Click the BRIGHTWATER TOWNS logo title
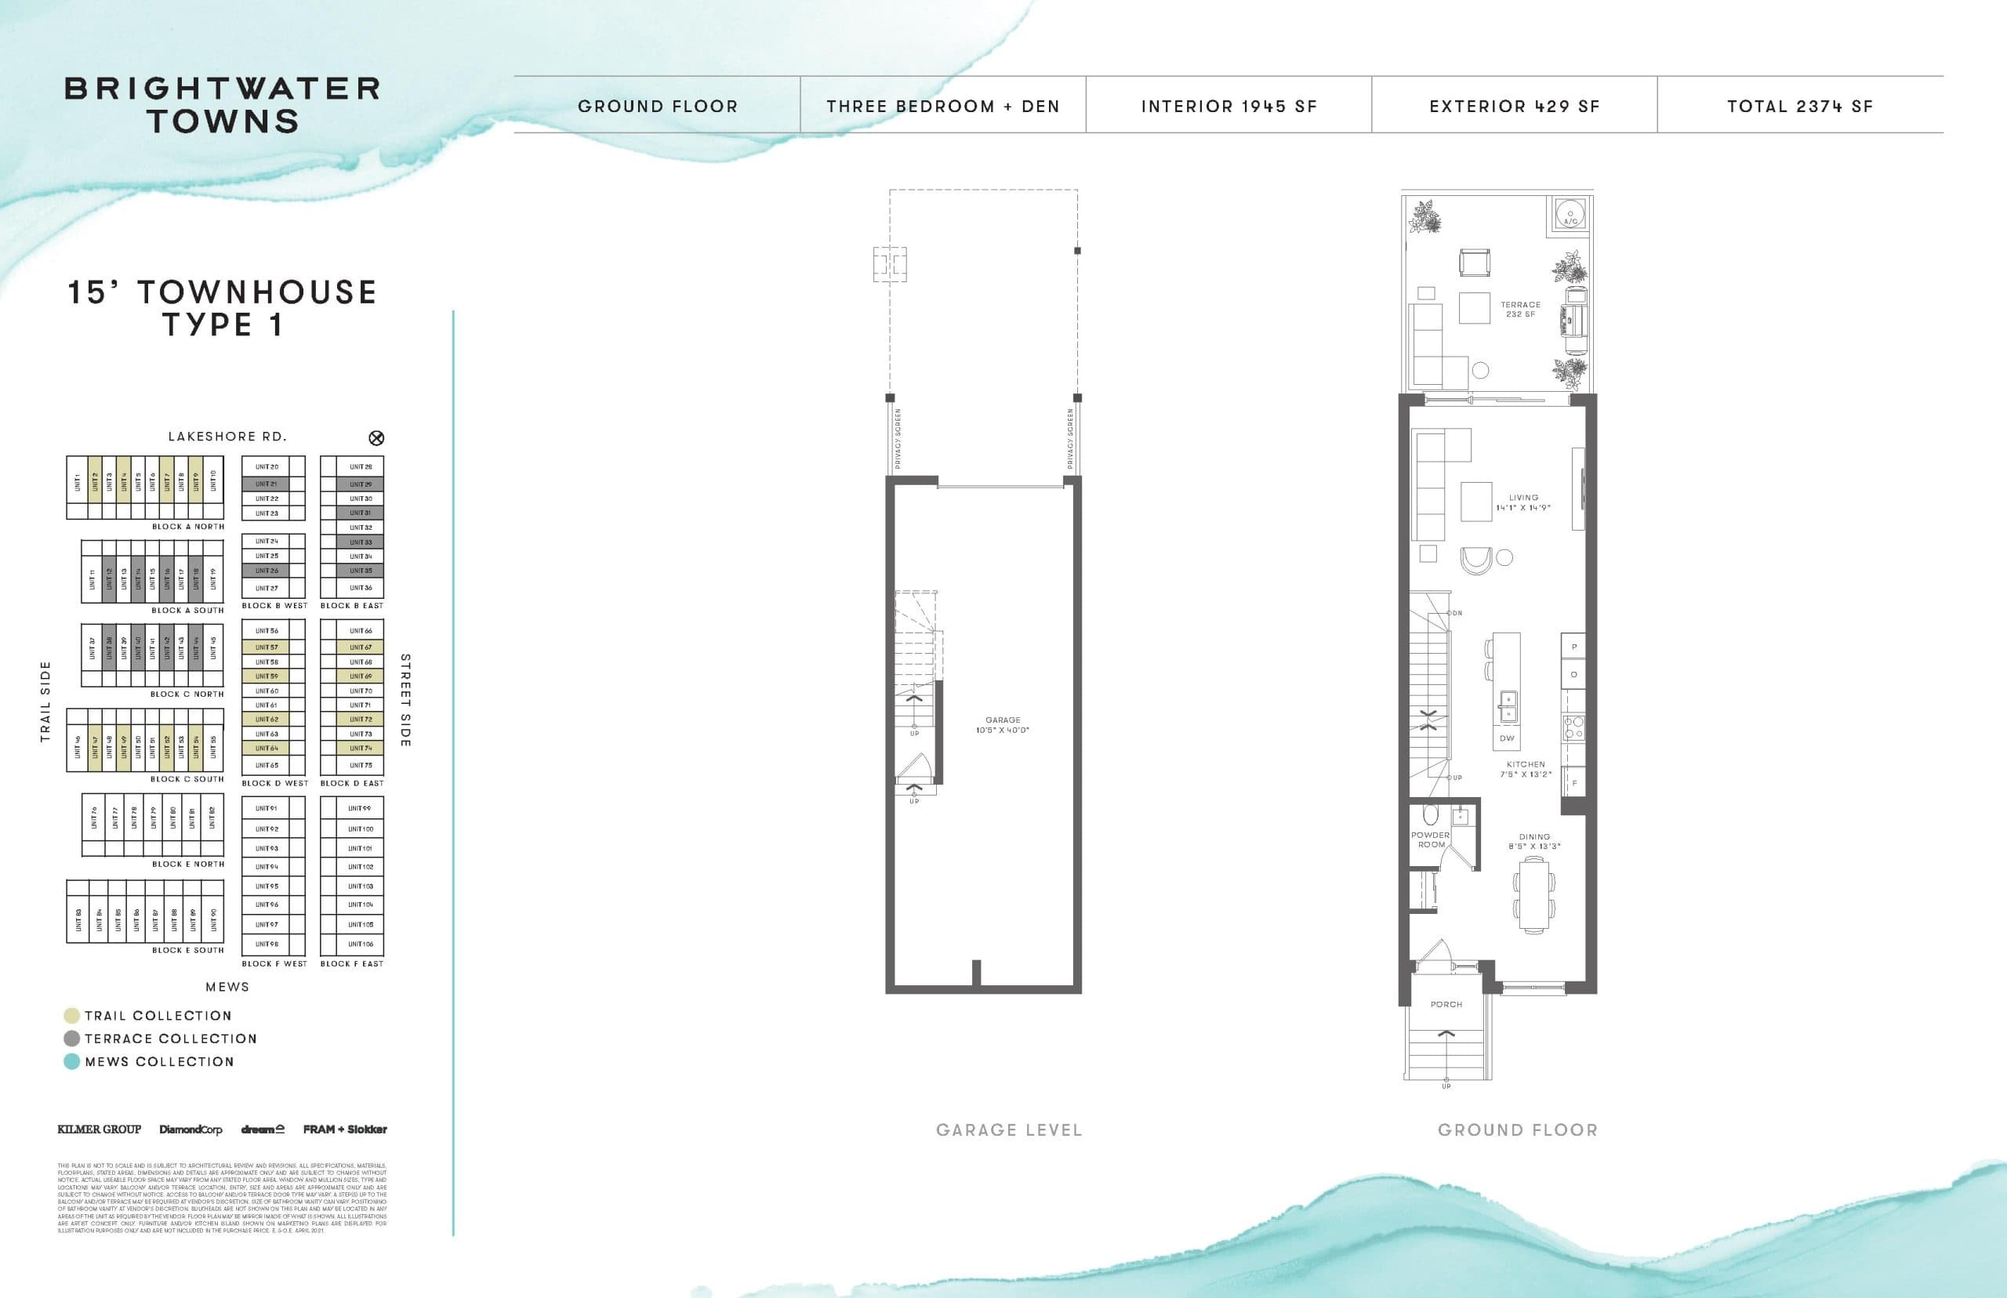pos(223,105)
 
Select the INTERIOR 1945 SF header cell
pos(1229,106)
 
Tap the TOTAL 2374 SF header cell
pos(1800,106)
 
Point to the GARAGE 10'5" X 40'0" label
pos(1002,725)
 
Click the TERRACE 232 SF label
pos(1520,310)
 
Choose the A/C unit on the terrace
pos(1570,213)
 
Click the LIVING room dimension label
pos(1523,502)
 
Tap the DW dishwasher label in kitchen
pos(1506,738)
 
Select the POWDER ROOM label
pos(1431,839)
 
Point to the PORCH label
pos(1446,1004)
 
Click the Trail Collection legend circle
pos(71,1016)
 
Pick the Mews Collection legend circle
pos(71,1061)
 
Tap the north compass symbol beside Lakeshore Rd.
pos(377,437)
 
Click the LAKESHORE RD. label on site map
pos(227,437)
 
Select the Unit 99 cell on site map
pos(360,808)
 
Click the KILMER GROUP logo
pos(99,1129)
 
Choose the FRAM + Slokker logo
pos(345,1129)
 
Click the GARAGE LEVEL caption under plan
pos(1008,1129)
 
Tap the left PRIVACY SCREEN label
pos(898,439)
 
